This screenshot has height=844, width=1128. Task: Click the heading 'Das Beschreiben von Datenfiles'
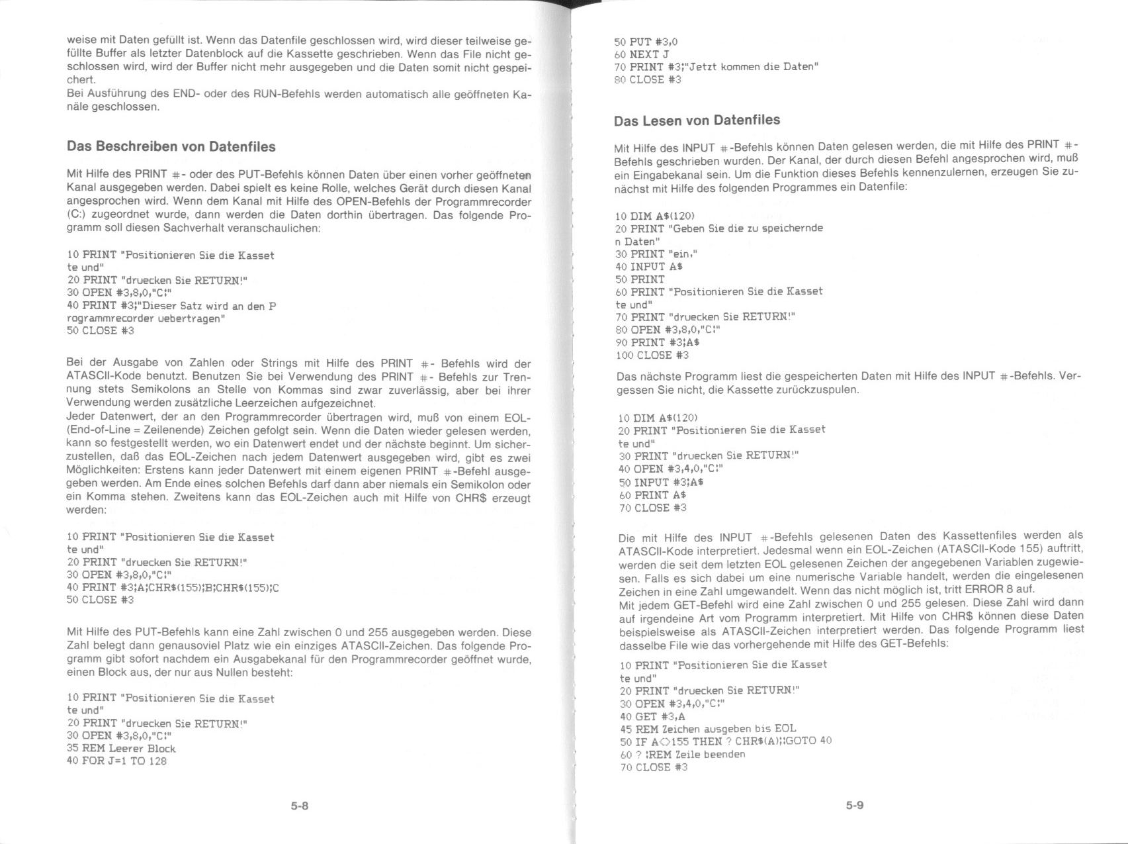(171, 146)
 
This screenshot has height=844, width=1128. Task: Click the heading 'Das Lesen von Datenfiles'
(697, 120)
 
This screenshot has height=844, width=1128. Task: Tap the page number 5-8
(300, 806)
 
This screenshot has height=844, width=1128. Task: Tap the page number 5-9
(854, 805)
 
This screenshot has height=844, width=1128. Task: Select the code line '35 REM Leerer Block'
(121, 749)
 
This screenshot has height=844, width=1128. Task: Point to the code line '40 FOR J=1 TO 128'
(116, 761)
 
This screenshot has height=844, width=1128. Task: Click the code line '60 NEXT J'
(641, 54)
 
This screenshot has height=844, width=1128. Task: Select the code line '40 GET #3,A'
(652, 716)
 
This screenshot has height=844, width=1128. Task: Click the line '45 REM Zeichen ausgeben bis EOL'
(708, 729)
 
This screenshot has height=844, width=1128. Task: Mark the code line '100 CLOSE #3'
(652, 355)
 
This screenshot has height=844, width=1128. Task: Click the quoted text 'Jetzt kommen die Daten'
(751, 67)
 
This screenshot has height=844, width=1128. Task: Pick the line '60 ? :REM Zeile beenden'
(682, 755)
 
